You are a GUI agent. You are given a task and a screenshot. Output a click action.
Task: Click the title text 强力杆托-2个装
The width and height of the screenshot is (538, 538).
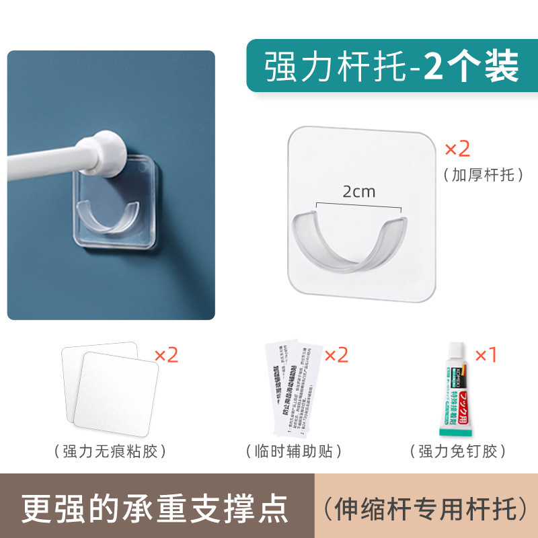(x=391, y=67)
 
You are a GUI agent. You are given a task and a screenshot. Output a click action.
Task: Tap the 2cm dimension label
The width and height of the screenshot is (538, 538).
(x=358, y=192)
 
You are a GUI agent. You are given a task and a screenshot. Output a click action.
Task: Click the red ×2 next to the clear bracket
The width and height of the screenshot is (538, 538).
(x=458, y=149)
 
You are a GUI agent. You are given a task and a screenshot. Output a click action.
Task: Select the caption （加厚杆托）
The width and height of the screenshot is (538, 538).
(x=483, y=176)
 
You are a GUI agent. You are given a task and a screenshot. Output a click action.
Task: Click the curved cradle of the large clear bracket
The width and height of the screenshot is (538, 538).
(x=347, y=242)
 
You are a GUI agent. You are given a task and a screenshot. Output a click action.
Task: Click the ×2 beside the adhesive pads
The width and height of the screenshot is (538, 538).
(x=166, y=355)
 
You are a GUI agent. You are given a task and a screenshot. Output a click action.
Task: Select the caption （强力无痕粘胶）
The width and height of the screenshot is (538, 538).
(x=108, y=451)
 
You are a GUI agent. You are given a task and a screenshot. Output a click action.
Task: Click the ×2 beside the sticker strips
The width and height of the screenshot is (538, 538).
(x=336, y=355)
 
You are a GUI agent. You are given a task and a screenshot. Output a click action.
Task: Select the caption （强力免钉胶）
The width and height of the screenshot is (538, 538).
(x=457, y=451)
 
